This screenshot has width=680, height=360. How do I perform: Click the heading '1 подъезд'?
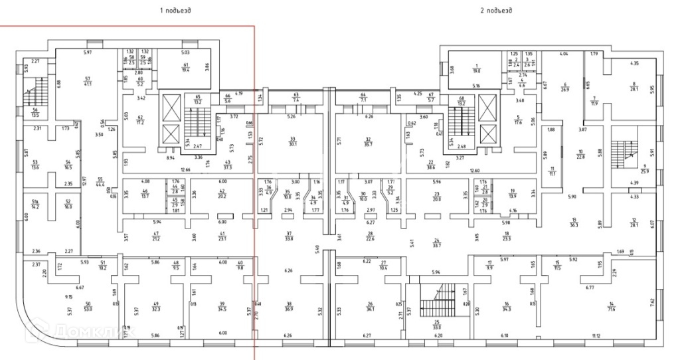click(x=175, y=11)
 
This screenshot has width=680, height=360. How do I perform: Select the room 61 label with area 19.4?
click(x=185, y=66)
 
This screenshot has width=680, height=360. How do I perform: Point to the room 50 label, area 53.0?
click(x=88, y=306)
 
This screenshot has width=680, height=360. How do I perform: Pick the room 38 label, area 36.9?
click(x=289, y=307)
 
